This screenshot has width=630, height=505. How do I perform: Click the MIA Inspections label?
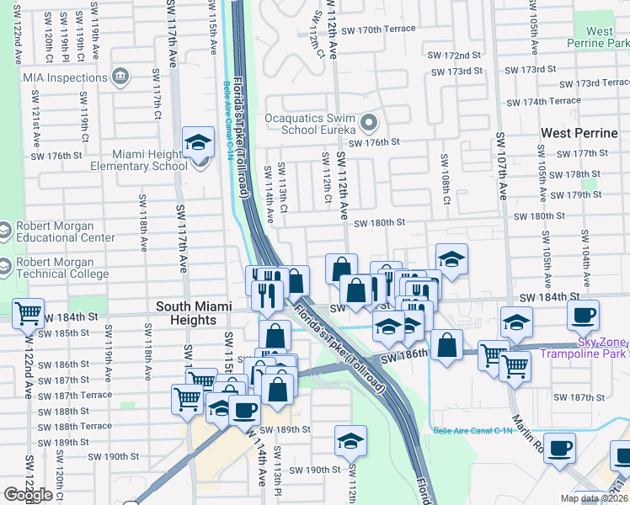55,77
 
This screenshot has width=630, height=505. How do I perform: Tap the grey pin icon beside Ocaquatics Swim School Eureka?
368,125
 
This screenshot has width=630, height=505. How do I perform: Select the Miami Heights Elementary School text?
136,160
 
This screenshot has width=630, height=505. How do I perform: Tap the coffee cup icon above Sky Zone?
583,316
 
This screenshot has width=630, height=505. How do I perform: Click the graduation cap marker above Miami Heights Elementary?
199,142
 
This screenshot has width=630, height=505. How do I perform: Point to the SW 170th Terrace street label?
376,29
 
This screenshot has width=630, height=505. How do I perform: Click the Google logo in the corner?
28,495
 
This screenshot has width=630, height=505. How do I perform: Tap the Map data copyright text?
594,498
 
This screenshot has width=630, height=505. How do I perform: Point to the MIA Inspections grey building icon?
120,77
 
